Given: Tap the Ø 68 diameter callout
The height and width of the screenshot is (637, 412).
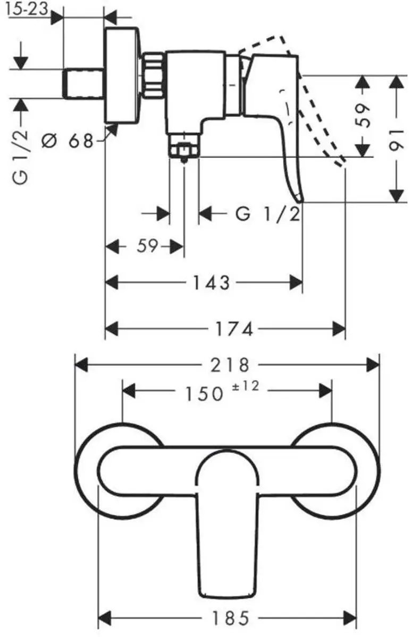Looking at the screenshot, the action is (x=68, y=141).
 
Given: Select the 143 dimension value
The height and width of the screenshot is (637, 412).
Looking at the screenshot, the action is (x=211, y=282).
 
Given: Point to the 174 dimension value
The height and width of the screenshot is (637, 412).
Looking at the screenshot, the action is (x=234, y=329).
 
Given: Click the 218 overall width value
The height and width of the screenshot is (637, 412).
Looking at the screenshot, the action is (x=230, y=365).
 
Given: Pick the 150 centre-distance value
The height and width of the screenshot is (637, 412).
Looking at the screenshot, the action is (x=205, y=394).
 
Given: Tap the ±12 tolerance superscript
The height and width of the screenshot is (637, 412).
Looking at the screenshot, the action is (x=246, y=386).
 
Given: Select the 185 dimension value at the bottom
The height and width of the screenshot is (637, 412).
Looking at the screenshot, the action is (x=231, y=617).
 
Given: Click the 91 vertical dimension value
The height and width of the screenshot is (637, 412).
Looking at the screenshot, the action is (x=397, y=140).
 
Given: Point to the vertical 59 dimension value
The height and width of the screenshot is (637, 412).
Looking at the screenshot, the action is (x=363, y=115).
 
